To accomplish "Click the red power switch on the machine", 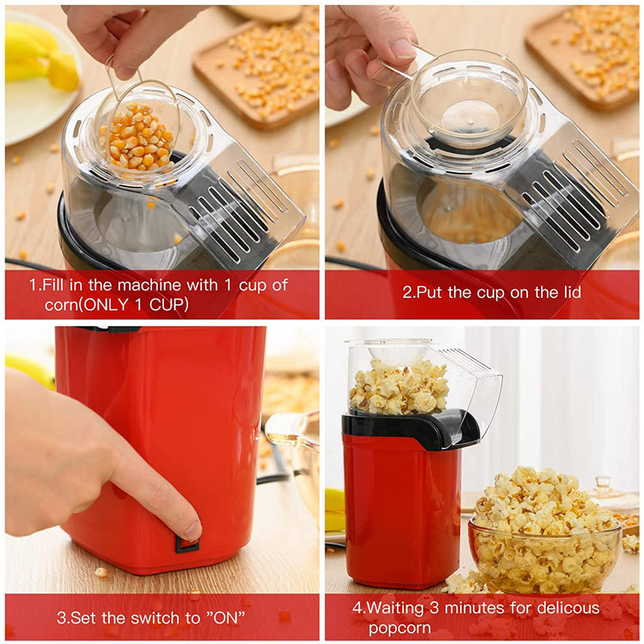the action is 187,544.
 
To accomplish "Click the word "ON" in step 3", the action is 225,617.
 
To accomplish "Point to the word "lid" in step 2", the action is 571,293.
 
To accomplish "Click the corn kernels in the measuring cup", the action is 137,137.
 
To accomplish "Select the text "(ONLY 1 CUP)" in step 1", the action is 133,305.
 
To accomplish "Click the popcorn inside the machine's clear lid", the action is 398,387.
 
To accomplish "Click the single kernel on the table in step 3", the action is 100,572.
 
